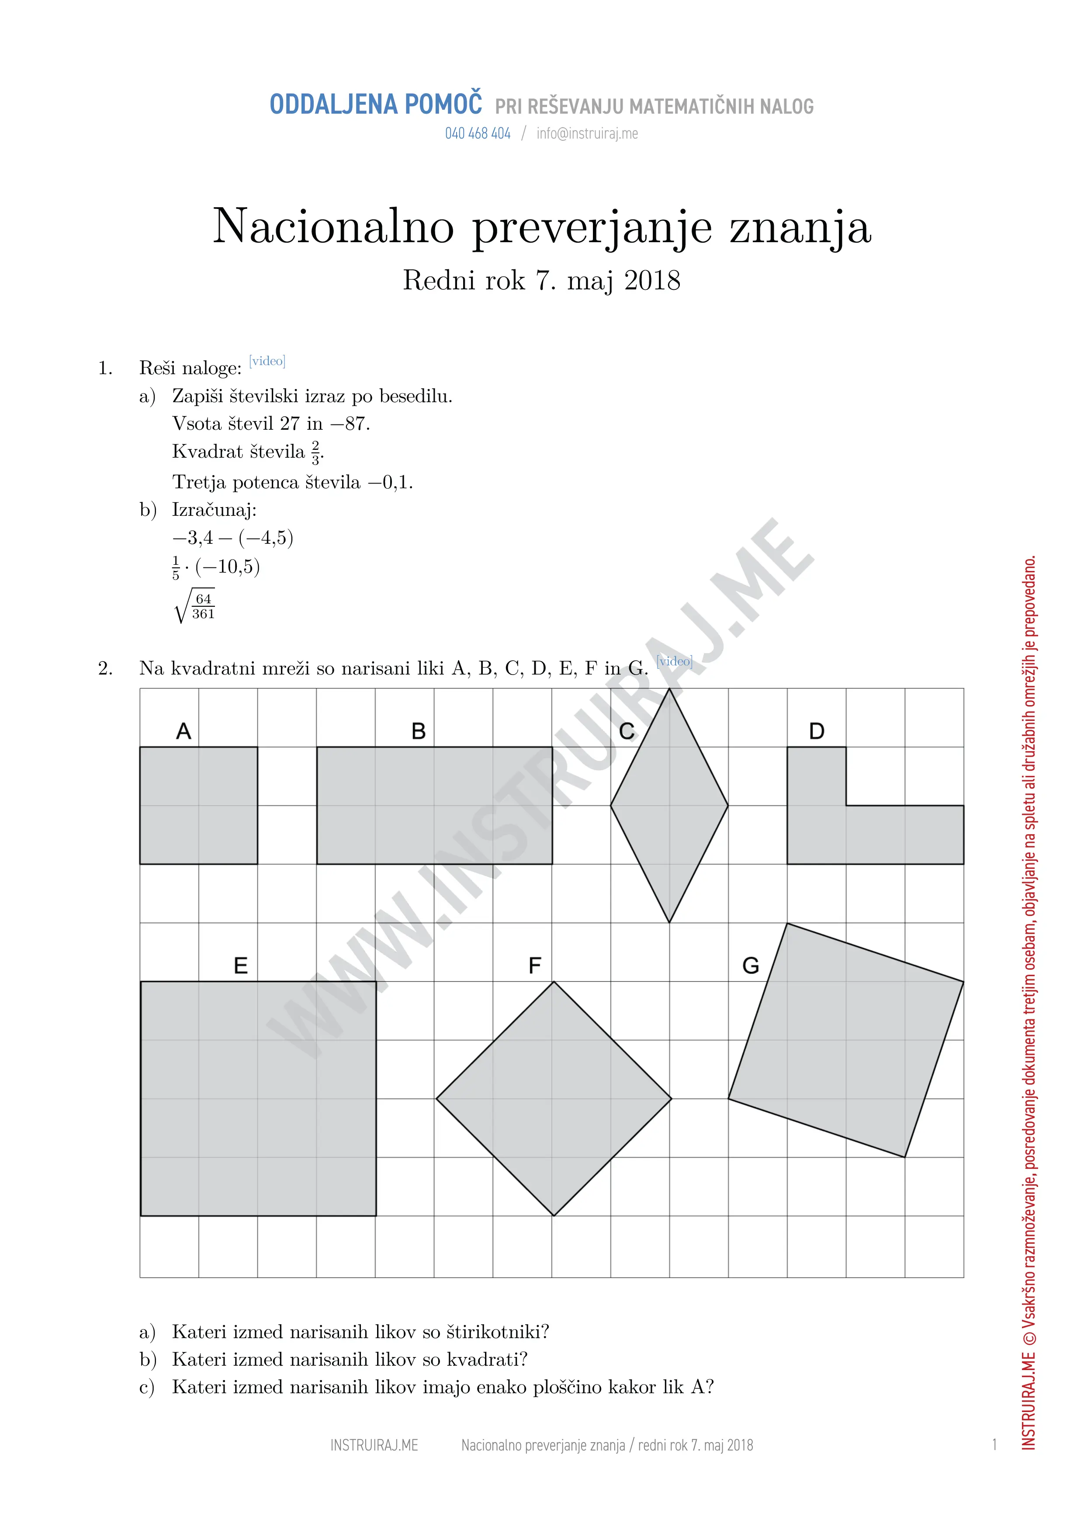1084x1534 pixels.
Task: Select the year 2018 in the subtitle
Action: click(652, 281)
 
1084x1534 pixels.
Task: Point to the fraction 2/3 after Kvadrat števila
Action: click(316, 452)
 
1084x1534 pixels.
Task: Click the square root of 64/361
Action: click(194, 605)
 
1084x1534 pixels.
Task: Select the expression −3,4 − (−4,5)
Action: click(232, 538)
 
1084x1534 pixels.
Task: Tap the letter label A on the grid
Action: click(184, 731)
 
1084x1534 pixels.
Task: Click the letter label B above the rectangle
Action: click(418, 731)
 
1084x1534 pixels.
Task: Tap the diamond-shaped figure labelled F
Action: click(553, 1099)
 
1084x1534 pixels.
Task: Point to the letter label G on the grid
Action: click(751, 966)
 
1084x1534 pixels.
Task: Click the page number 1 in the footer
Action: click(994, 1445)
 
